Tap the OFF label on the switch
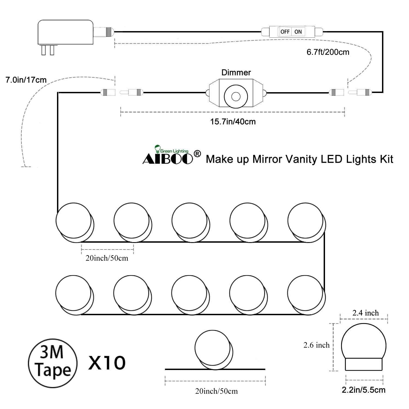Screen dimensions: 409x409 (x=285, y=32)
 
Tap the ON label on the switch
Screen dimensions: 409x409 (x=298, y=32)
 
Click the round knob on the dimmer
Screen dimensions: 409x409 (x=236, y=96)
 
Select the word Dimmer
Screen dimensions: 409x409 (x=236, y=73)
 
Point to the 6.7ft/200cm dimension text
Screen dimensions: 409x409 (x=328, y=52)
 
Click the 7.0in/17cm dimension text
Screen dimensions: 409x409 (x=26, y=80)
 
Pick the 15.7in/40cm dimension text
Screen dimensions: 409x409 (x=233, y=122)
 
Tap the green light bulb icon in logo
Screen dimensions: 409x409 (x=157, y=149)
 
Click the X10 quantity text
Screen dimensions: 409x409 (x=107, y=363)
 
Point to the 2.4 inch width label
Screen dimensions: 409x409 (x=365, y=313)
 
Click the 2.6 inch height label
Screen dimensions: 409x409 (x=316, y=345)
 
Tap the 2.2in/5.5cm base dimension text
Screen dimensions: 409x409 (x=363, y=390)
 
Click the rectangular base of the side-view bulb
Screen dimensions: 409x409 (x=363, y=364)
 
